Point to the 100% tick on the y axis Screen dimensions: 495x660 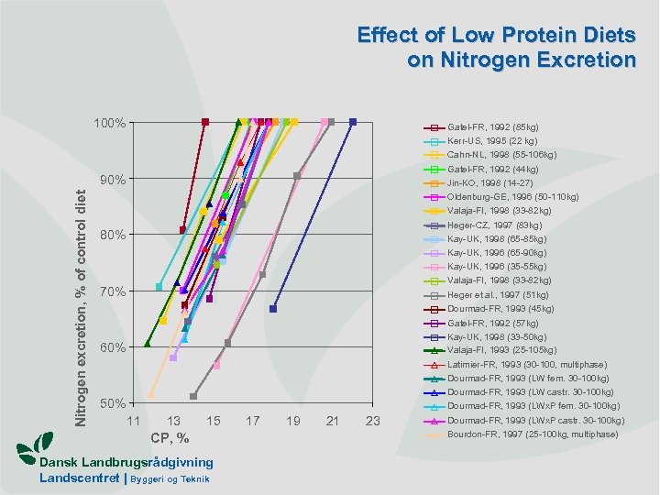coord(110,122)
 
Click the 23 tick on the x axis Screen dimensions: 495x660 coord(372,421)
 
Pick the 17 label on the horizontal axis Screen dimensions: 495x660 coord(253,421)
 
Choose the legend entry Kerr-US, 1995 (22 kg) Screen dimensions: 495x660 coord(492,141)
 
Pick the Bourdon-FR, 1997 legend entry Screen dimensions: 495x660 coord(533,434)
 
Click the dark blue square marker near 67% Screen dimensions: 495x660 coord(273,309)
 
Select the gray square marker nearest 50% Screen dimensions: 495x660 coord(193,396)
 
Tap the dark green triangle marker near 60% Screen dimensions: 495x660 coord(148,344)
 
